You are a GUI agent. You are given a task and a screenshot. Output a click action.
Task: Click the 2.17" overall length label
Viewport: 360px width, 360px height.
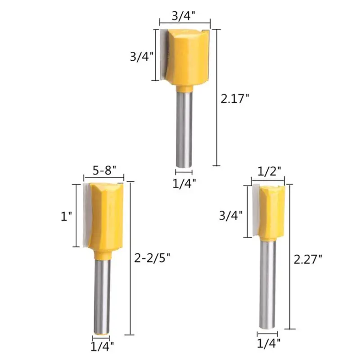(234, 99)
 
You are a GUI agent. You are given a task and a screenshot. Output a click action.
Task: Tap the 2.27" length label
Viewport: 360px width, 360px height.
(308, 259)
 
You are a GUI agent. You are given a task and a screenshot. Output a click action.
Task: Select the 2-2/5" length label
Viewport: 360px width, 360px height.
(152, 258)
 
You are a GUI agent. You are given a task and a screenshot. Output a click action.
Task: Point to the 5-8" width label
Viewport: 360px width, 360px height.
(105, 171)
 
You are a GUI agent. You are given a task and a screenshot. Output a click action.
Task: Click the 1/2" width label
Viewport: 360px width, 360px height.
(269, 171)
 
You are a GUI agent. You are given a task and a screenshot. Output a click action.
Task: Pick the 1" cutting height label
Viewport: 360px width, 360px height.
(66, 216)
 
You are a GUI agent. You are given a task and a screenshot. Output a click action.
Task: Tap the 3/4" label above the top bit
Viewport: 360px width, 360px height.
(184, 16)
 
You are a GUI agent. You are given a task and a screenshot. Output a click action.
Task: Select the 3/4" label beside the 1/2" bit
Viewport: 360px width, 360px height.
(231, 216)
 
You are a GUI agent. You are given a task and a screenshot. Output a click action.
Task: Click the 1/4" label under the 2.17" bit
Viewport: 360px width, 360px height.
(184, 184)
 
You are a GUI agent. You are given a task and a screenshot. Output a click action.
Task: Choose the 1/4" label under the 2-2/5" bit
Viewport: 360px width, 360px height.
(102, 346)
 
